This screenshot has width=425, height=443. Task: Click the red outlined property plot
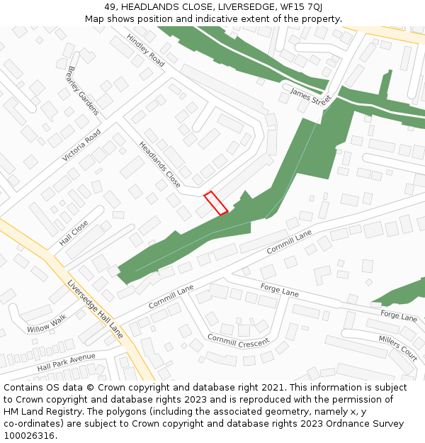216,203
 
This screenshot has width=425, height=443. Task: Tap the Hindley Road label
145,50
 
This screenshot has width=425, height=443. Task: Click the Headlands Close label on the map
159,165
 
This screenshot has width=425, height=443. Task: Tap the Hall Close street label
74,233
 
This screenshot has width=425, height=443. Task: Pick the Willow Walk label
47,324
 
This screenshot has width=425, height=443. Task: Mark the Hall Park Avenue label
66,363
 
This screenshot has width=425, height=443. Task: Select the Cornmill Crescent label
238,340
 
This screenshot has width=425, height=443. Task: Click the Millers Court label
397,348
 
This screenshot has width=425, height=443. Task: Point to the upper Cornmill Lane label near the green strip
289,242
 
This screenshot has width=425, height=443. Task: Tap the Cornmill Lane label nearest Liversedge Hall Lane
171,296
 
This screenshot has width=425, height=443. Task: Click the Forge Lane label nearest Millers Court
399,315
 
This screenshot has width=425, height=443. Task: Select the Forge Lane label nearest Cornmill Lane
280,290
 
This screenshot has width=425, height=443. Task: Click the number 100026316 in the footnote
28,435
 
